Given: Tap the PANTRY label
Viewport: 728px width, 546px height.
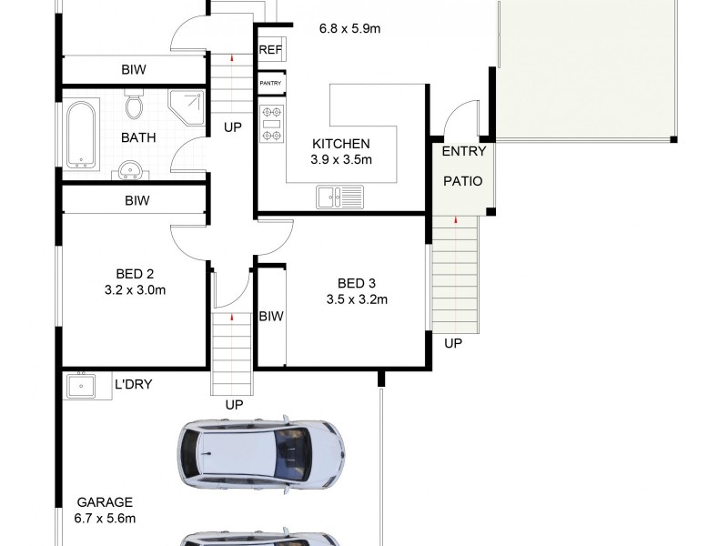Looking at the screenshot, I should (270, 84).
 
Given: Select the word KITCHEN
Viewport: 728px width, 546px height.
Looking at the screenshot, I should (340, 144).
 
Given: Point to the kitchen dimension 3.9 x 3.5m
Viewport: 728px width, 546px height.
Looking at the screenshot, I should (341, 160).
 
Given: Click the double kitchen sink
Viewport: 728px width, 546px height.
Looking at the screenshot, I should (339, 195).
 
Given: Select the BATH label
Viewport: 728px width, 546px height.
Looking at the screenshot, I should (138, 138).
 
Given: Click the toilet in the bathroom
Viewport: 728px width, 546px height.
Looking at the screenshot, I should (134, 106).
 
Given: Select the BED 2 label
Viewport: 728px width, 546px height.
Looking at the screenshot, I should (134, 275).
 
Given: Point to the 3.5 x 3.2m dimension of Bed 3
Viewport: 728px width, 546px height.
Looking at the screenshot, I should (357, 299).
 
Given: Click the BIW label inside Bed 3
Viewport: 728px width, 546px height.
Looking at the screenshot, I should (271, 317).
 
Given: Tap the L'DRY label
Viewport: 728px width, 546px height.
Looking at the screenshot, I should (133, 385).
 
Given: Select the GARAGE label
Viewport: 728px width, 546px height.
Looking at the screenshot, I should (105, 501).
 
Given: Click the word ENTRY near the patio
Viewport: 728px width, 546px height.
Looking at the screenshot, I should (464, 151).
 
